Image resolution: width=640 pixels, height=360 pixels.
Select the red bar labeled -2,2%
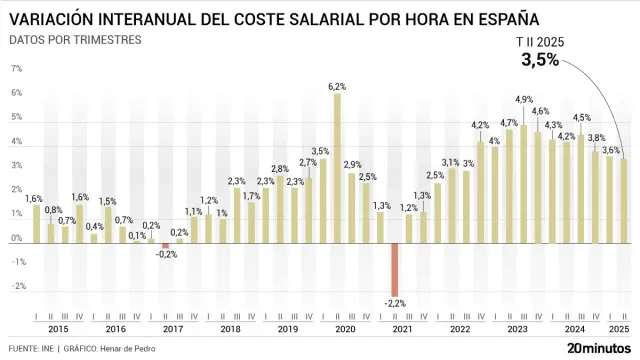tap(395, 268)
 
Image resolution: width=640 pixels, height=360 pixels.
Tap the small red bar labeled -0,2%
tap(166, 245)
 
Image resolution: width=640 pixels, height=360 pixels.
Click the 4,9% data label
tap(524, 99)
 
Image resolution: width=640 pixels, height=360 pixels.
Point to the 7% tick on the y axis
tap(16, 69)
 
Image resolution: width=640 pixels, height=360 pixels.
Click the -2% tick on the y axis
tap(16, 286)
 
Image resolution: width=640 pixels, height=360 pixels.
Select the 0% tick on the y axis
tap(16, 238)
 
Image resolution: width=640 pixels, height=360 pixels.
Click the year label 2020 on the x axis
tap(344, 329)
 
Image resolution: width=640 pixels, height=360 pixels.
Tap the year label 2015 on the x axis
tap(58, 329)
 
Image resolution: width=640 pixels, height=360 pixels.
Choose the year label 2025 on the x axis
tap(619, 329)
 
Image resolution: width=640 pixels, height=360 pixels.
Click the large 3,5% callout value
tap(540, 61)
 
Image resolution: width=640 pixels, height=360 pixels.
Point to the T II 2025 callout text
tap(539, 41)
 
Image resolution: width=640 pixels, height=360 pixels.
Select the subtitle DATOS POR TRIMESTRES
tap(75, 40)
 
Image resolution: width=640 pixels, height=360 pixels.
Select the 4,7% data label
tap(509, 122)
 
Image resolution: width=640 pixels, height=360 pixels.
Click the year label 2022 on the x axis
tap(459, 329)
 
